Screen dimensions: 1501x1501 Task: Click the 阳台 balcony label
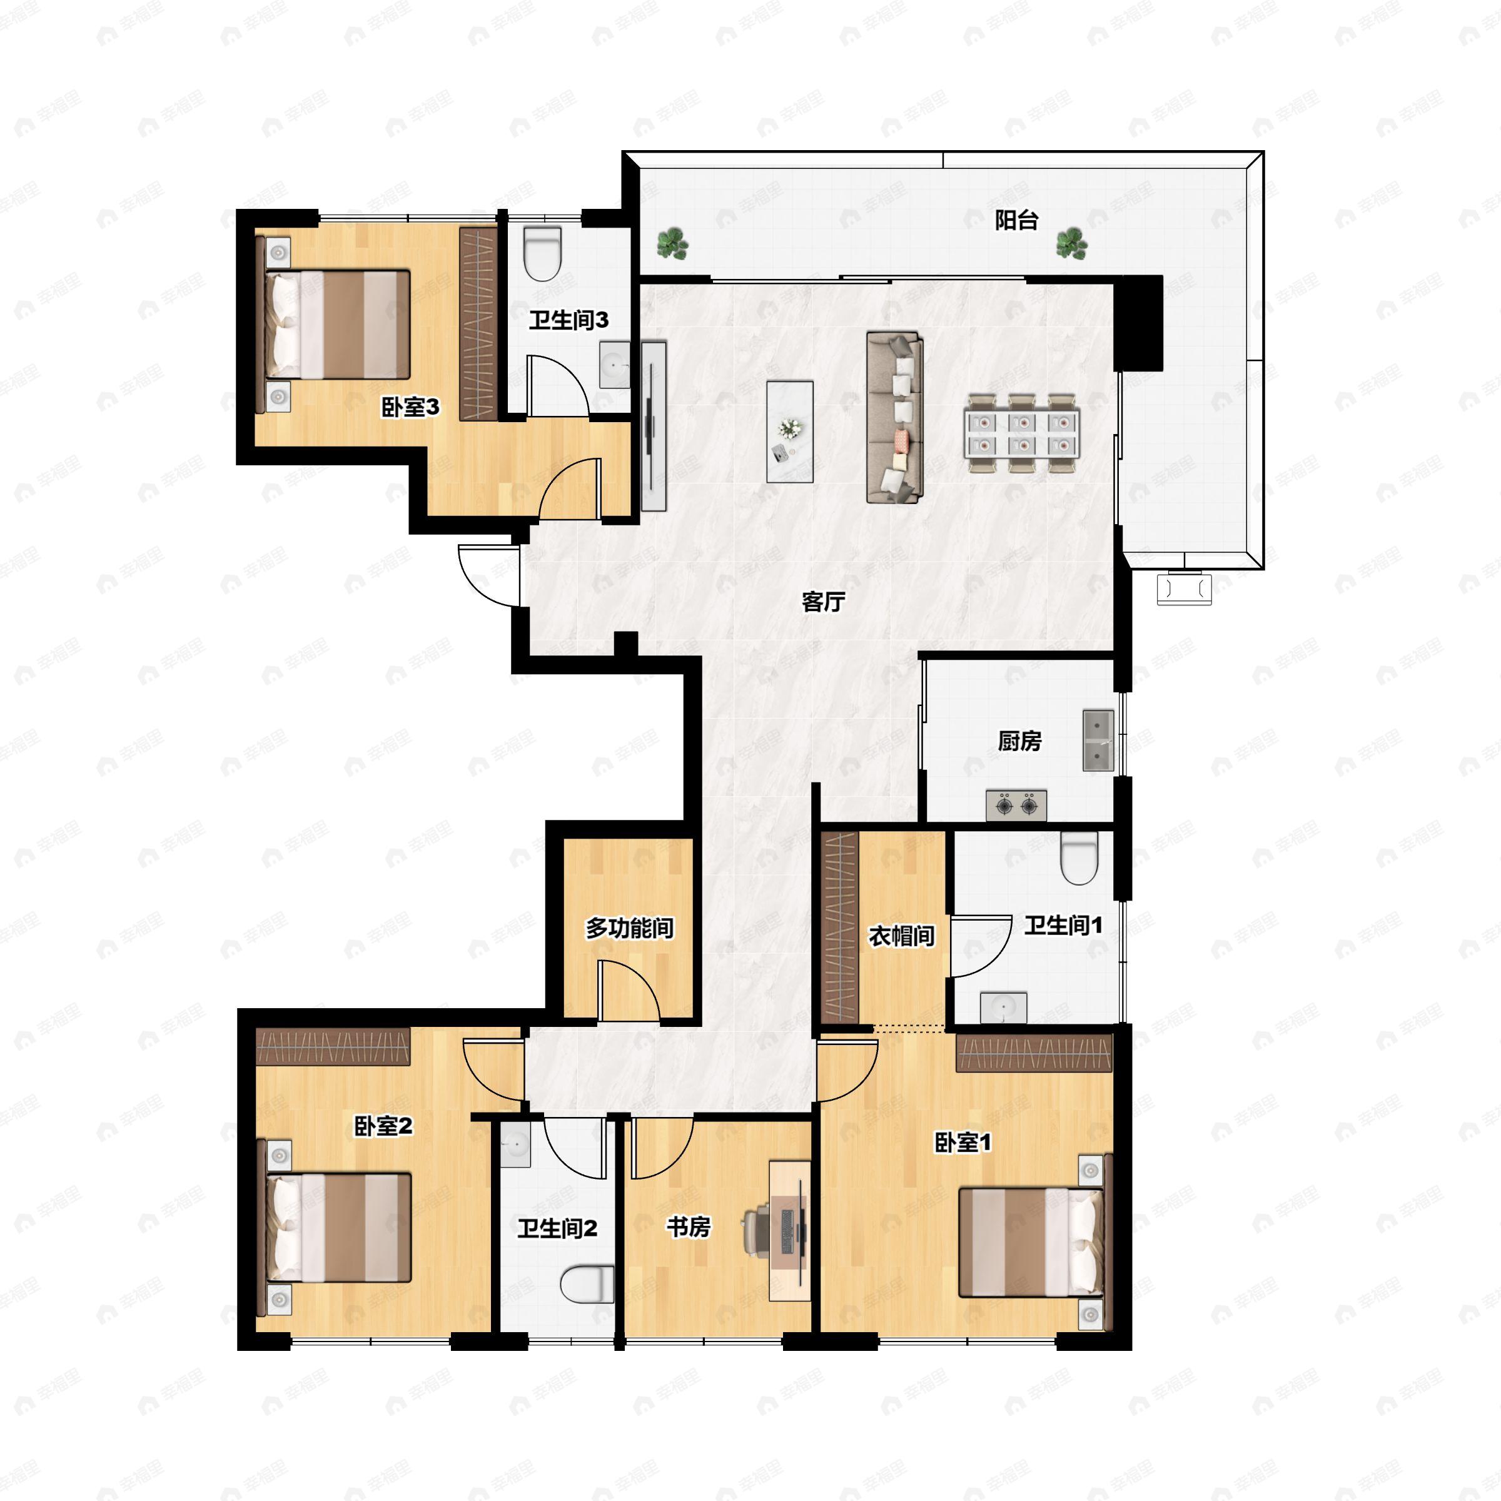[x=1016, y=221]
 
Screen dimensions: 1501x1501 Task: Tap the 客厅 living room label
[x=823, y=601]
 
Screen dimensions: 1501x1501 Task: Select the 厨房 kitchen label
[x=1019, y=741]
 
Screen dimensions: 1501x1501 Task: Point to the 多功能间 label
[x=629, y=927]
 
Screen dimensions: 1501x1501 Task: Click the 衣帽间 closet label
[x=901, y=936]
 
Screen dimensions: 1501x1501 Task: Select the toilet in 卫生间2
[x=587, y=1283]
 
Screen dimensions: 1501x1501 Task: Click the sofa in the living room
[x=894, y=417]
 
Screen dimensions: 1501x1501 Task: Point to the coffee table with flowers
[x=789, y=431]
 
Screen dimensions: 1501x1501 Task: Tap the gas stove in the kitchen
[x=1016, y=805]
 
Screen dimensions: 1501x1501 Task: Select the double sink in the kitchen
[x=1098, y=740]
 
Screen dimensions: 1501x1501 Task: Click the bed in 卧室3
[x=338, y=325]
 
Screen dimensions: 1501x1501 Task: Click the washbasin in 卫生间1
[x=1003, y=1008]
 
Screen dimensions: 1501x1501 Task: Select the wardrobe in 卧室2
[x=333, y=1046]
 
